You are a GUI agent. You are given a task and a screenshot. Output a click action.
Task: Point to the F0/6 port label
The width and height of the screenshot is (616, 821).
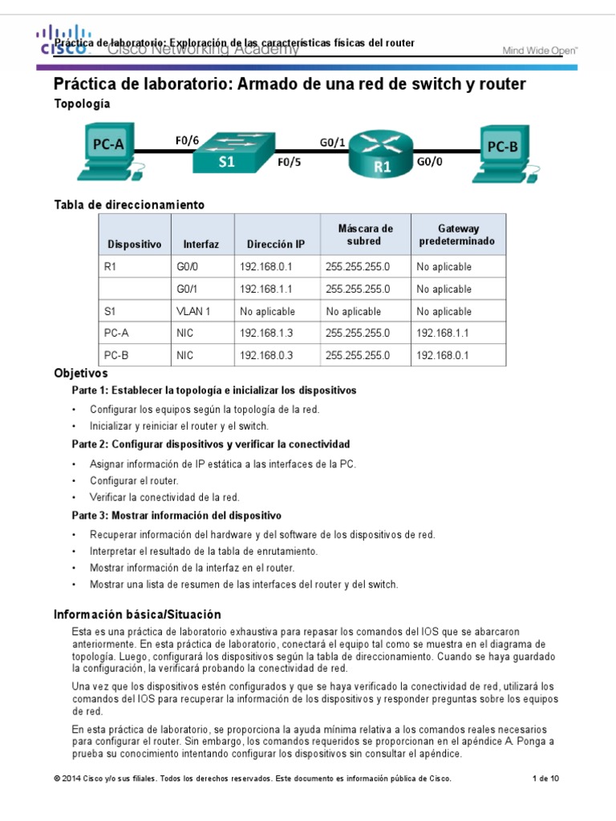pyautogui.click(x=186, y=140)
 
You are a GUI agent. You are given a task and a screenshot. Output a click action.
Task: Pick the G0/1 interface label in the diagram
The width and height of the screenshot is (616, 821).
pyautogui.click(x=332, y=142)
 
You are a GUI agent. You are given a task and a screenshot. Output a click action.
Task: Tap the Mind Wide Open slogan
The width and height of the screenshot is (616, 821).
pyautogui.click(x=540, y=50)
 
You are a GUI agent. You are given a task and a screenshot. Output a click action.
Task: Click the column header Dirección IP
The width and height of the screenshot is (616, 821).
pyautogui.click(x=276, y=244)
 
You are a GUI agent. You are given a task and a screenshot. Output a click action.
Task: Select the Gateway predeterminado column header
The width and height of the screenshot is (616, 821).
pyautogui.click(x=458, y=235)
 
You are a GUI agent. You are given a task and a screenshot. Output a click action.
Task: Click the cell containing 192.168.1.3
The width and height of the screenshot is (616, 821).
pyautogui.click(x=272, y=333)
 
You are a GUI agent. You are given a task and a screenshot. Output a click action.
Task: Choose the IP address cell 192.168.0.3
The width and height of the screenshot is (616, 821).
pyautogui.click(x=272, y=354)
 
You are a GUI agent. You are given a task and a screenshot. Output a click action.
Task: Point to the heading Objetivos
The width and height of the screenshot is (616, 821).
pyautogui.click(x=80, y=374)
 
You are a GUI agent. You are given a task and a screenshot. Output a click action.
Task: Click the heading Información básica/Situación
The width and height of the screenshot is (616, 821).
pyautogui.click(x=136, y=614)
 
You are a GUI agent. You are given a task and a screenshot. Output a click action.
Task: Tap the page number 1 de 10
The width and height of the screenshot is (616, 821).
pyautogui.click(x=546, y=779)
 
